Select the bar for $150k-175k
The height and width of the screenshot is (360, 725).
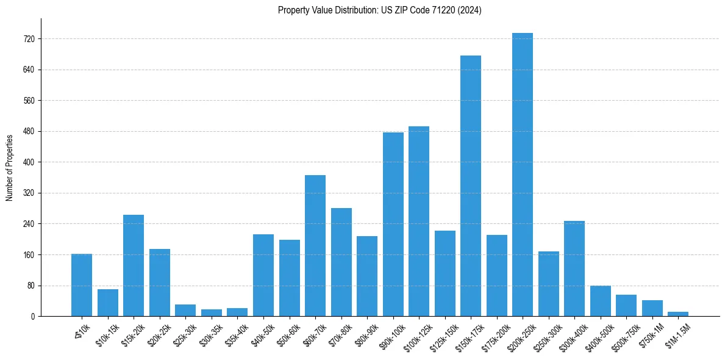[x=471, y=185]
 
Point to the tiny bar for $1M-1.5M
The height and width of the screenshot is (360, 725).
[x=678, y=314]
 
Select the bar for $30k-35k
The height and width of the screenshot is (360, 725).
[x=212, y=312]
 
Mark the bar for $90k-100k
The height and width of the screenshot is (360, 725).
[x=393, y=224]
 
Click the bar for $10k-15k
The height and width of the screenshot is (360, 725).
[x=108, y=303]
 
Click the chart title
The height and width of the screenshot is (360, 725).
[x=380, y=10]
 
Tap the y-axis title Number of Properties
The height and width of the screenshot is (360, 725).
[x=10, y=167]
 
